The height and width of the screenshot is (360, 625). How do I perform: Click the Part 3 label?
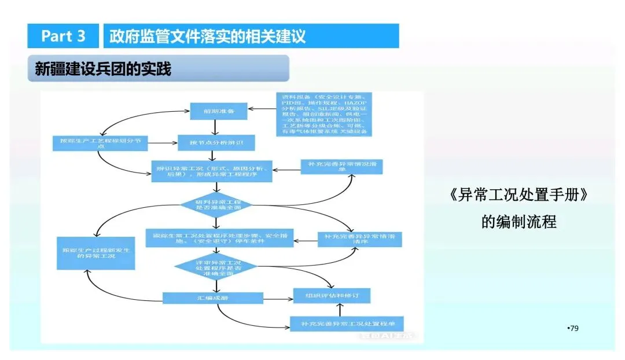click(64, 36)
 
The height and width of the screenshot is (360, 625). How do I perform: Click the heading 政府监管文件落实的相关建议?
click(208, 36)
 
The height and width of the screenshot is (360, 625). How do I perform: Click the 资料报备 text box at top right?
click(323, 114)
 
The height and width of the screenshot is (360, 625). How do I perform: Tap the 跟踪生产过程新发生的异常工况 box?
click(95, 253)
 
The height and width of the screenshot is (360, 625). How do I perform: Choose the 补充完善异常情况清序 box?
click(359, 240)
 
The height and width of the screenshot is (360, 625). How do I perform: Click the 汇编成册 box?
click(205, 298)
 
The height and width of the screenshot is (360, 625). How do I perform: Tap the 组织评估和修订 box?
click(331, 296)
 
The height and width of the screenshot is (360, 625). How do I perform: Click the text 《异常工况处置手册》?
click(519, 196)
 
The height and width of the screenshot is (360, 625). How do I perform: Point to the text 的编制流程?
click(519, 222)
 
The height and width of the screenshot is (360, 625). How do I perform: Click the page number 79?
click(573, 329)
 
